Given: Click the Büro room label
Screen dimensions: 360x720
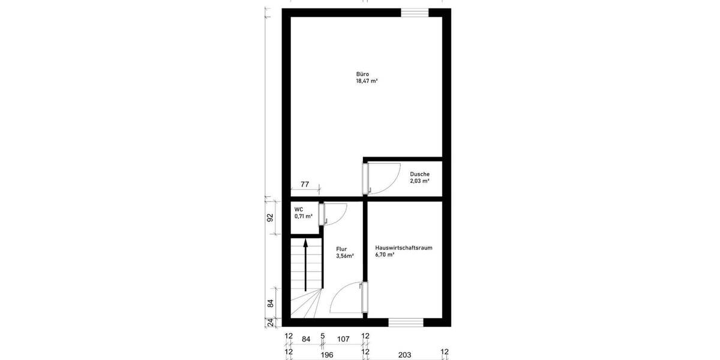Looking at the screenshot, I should tap(362, 74).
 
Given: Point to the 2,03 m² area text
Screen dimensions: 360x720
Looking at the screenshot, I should tap(419, 181).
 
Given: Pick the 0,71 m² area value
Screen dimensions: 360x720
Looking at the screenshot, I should tap(303, 216).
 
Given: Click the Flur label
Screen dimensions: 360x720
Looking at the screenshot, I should tap(341, 248).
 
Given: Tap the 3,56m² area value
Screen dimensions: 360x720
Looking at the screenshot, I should tap(344, 255).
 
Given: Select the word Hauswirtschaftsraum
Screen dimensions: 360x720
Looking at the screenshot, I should tap(403, 248).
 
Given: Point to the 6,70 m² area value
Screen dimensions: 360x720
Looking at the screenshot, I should tap(385, 255).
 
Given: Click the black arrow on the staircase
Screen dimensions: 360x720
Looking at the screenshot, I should tap(306, 264).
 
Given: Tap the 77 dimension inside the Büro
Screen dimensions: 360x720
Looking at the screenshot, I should tap(304, 185).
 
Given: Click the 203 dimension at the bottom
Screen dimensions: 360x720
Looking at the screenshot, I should tap(404, 355).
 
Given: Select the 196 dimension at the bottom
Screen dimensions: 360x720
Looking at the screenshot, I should tap(327, 355).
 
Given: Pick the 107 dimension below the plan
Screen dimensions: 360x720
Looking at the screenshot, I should tap(343, 339).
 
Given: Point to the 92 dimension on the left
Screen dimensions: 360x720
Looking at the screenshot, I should tap(270, 217).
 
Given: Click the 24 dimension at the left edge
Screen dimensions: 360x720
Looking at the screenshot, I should tap(270, 323).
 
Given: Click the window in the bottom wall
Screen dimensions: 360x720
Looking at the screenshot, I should tap(406, 323).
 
